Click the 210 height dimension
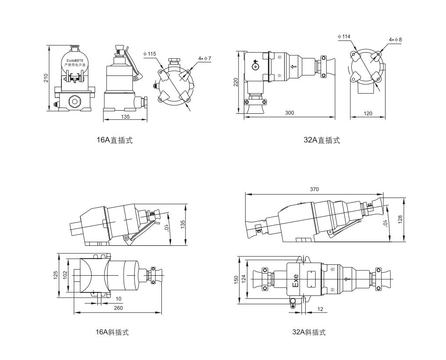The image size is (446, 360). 46,78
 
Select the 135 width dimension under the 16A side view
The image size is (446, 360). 125,117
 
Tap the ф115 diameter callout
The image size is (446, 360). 149,54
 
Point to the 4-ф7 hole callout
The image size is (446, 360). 205,58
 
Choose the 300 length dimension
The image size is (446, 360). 289,113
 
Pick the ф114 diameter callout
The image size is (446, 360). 344,36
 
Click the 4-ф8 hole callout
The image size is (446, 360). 395,40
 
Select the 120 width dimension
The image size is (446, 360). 368,113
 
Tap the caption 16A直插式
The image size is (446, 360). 114,140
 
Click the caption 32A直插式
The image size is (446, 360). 321,140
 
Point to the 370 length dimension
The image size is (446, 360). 314,189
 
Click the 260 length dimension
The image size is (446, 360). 118,308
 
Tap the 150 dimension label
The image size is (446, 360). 236,279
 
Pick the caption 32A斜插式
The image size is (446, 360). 309,332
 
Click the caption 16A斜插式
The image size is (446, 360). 112,332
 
